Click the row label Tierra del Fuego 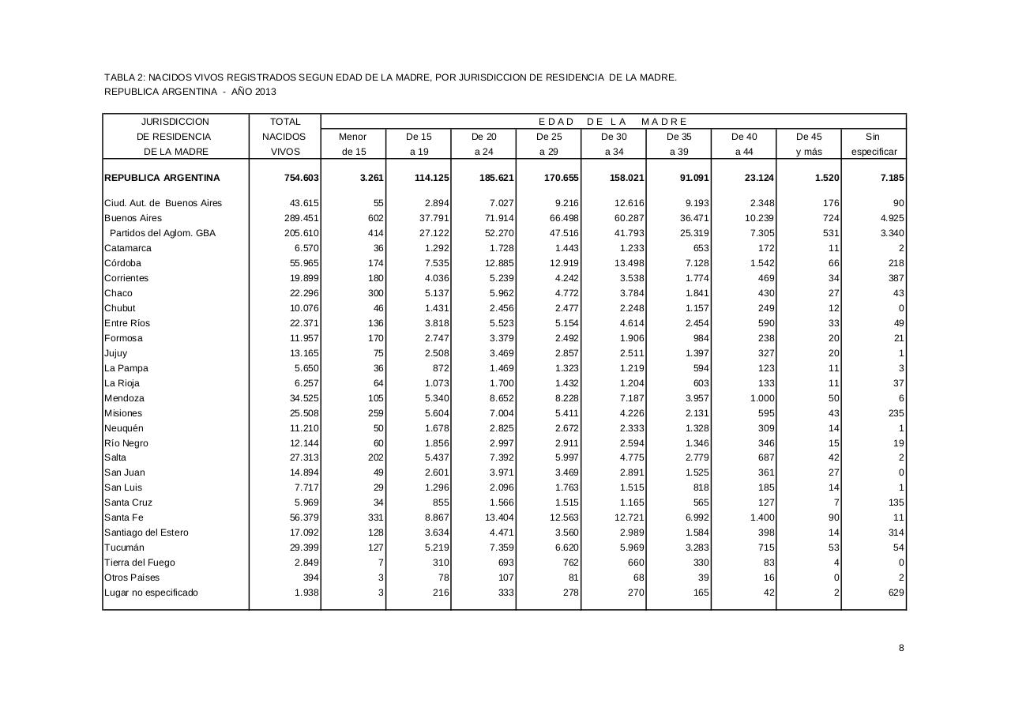tap(140, 563)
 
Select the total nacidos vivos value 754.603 tap(302, 178)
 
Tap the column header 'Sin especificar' tap(873, 144)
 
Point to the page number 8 tap(901, 648)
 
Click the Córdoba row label tap(122, 263)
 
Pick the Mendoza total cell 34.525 tap(303, 398)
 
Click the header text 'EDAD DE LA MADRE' tap(613, 122)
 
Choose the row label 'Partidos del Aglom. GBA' tap(163, 233)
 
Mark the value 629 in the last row tap(896, 593)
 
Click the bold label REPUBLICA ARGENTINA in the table tap(162, 178)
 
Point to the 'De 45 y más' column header tap(809, 144)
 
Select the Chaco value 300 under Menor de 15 tap(375, 293)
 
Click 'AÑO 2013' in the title tap(254, 92)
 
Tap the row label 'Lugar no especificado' tap(152, 593)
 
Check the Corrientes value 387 tap(896, 278)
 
